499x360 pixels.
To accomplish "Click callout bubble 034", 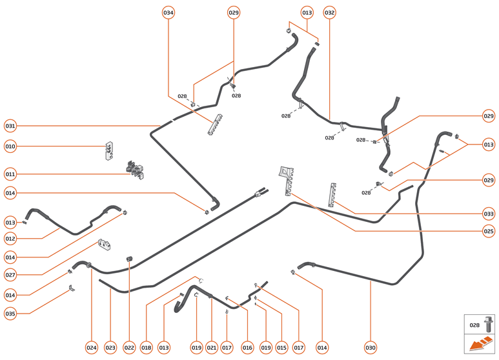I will [168, 13].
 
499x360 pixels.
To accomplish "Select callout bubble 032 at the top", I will [330, 13].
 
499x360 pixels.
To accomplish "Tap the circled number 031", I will [10, 125].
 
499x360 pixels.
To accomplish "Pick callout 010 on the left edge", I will [10, 146].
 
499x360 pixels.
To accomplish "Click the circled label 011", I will [10, 174].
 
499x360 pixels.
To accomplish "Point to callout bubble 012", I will [10, 239].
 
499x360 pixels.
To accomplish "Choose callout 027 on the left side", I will [10, 275].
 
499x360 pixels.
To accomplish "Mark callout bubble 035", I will [10, 314].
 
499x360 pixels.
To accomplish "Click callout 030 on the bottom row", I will [371, 348].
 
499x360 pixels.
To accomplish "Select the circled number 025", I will [489, 230].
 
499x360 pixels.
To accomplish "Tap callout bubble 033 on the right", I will [489, 214].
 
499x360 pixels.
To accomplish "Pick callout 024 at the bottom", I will [92, 348].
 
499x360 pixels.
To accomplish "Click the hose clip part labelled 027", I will [105, 246].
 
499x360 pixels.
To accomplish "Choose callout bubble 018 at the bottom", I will [147, 348].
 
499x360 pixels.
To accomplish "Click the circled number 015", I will [281, 348].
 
